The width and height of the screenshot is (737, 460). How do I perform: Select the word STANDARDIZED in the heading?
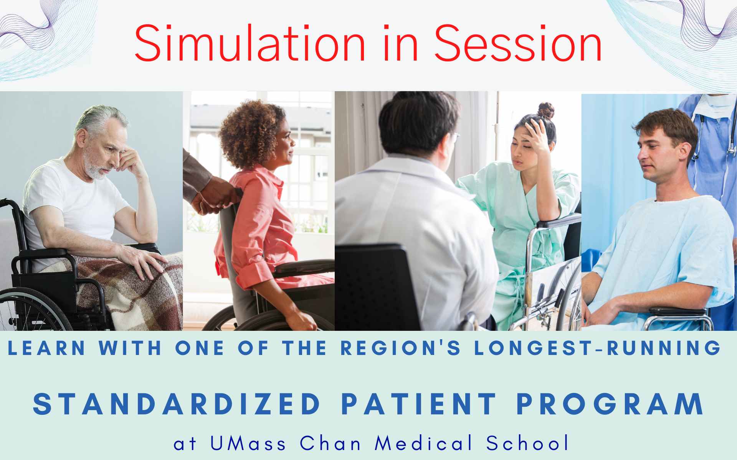(x=177, y=404)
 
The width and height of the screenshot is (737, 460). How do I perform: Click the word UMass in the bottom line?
(x=248, y=443)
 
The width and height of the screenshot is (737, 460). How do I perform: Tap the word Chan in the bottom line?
(x=330, y=443)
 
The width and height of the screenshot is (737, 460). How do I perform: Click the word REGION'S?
(x=402, y=348)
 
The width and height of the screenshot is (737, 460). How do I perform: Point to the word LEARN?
(x=46, y=348)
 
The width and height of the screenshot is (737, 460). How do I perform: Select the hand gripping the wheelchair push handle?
(x=209, y=199)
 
